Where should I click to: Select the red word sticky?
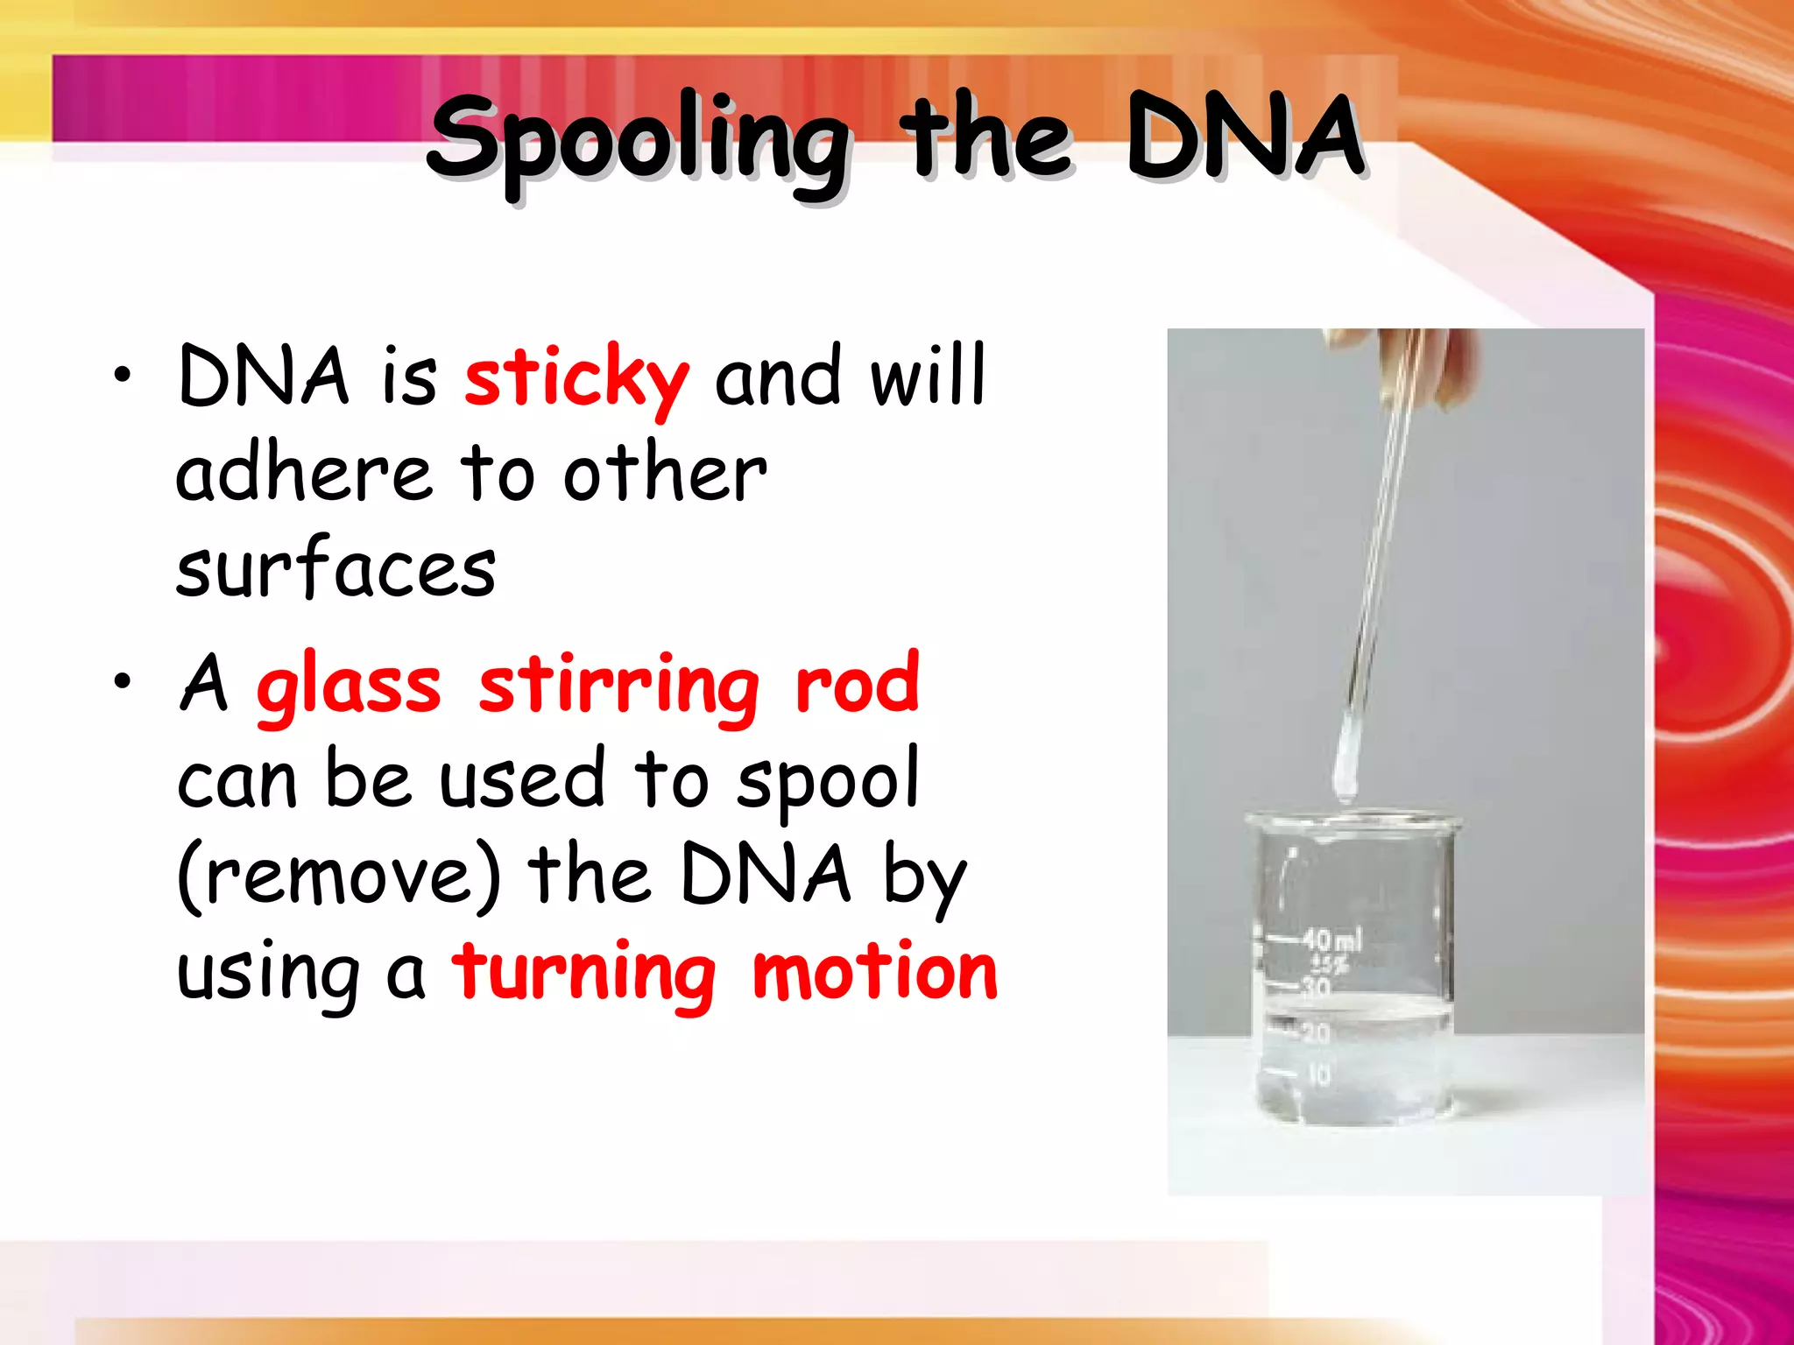(x=576, y=378)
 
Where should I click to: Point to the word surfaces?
(x=335, y=568)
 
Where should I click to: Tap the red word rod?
(x=857, y=685)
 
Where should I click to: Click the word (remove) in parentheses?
(x=340, y=876)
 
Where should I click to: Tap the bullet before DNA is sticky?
(x=123, y=377)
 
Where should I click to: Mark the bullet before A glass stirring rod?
(x=123, y=681)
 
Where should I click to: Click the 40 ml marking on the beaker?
(x=1331, y=940)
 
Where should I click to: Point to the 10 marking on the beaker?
(x=1318, y=1074)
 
